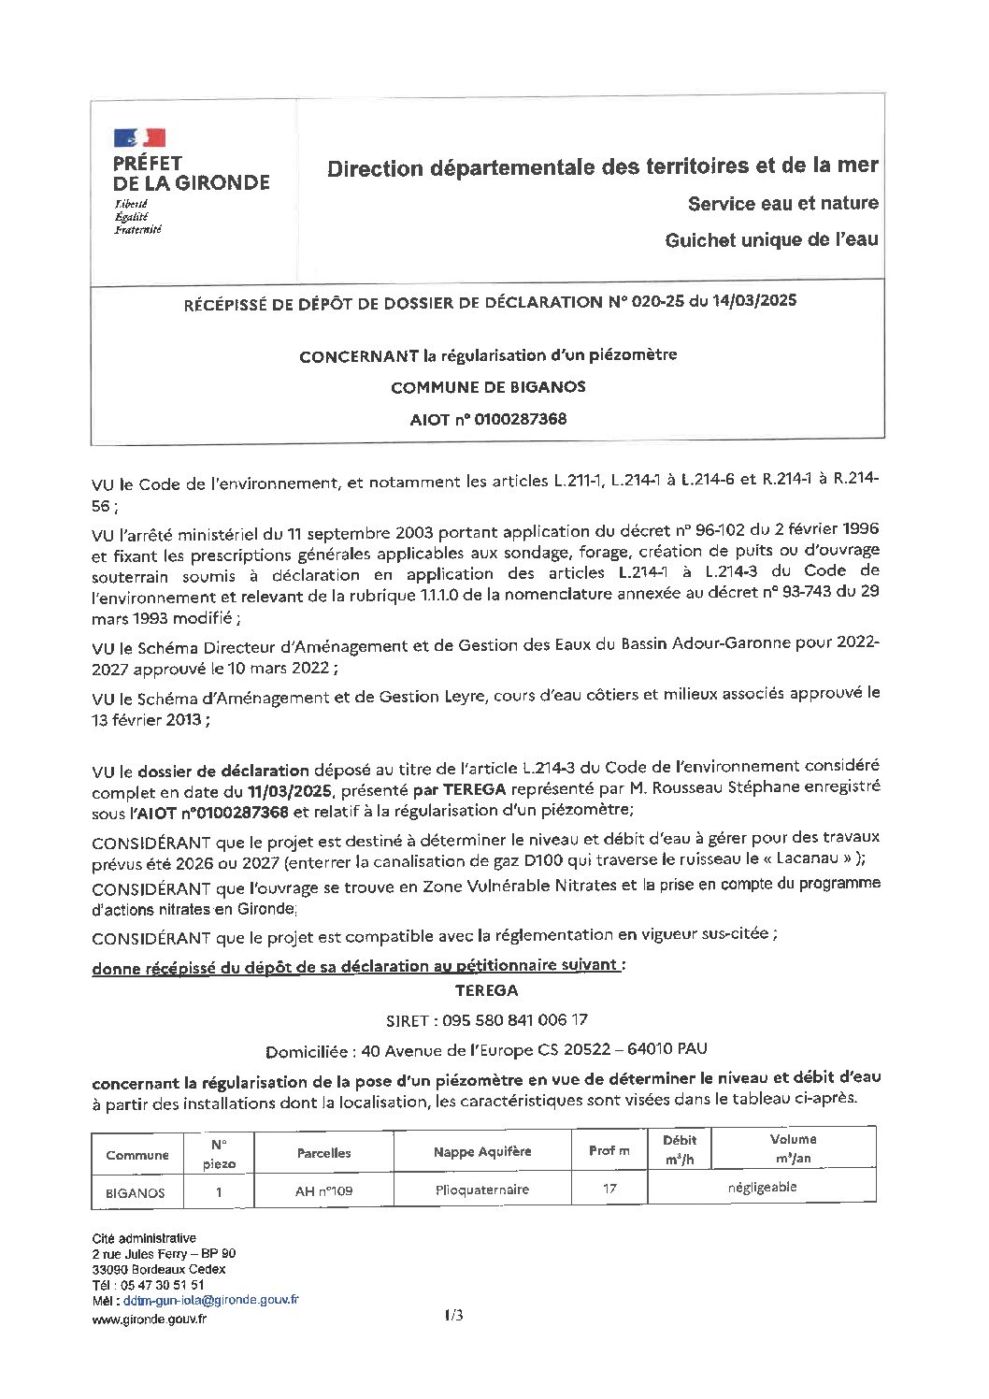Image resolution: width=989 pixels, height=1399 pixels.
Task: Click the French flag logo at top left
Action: point(139,138)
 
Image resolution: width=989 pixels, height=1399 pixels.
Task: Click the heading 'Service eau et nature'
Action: point(782,203)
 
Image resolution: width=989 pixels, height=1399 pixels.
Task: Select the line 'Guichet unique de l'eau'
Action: point(771,240)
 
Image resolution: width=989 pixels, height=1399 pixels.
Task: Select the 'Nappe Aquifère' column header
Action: point(482,1151)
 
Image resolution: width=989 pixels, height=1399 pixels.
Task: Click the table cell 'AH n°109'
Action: point(323,1191)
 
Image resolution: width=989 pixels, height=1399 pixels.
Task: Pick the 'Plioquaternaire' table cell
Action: point(482,1190)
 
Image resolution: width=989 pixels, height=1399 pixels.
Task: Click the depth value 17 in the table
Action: point(609,1189)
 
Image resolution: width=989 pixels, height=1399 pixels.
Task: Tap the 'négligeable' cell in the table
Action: point(762,1188)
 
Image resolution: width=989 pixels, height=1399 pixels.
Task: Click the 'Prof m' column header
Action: point(609,1150)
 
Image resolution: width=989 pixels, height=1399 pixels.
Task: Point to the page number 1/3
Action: point(454,1316)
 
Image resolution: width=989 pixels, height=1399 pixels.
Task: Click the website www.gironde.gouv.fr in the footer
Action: point(150,1319)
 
